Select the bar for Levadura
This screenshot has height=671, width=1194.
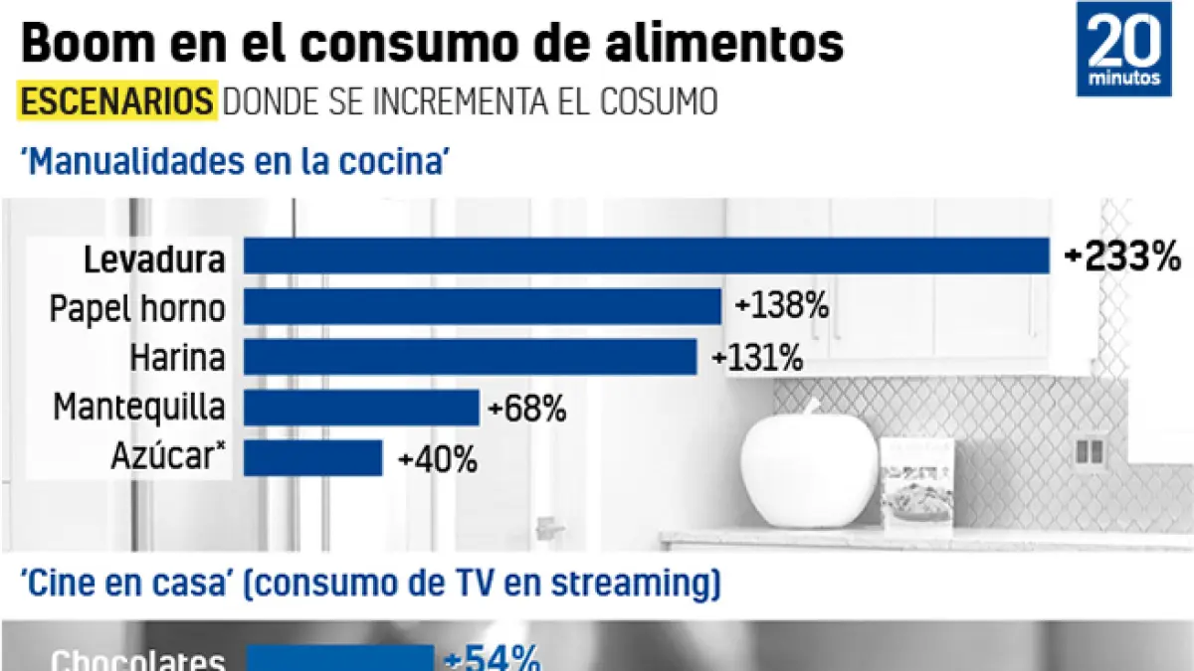647,255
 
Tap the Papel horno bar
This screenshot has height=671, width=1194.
483,306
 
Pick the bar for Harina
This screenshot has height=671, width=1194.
470,357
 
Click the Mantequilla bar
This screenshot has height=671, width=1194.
361,408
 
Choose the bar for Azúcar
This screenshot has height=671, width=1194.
312,458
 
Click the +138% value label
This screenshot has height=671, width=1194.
781,306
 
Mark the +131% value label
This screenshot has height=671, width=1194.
756,357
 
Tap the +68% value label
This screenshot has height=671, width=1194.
527,408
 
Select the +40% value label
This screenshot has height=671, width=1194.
437,459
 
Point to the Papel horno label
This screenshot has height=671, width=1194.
137,308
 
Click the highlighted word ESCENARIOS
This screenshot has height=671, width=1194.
116,102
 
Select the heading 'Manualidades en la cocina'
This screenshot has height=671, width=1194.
231,160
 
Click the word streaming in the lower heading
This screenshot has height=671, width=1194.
634,586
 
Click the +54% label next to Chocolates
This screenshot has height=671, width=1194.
492,658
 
